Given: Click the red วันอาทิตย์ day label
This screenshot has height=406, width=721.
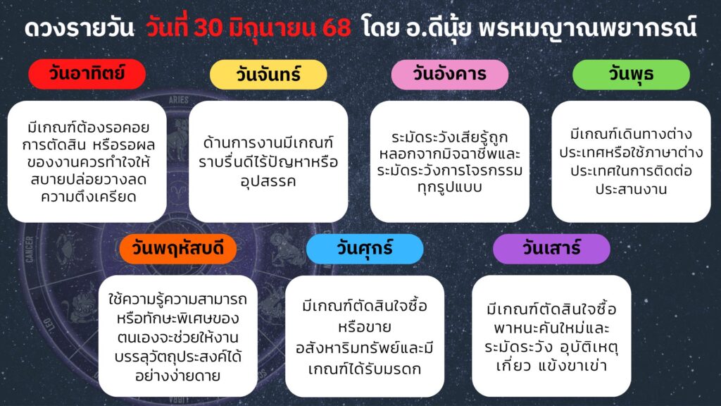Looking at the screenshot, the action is coord(87,73).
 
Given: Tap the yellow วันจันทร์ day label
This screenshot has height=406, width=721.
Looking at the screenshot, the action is coord(268,74).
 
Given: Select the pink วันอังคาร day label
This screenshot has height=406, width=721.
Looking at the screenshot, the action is coord(450,74).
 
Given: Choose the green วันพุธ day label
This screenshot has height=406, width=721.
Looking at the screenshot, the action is coord(631,74).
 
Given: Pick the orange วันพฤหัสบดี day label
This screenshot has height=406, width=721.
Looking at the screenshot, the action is coord(178,249).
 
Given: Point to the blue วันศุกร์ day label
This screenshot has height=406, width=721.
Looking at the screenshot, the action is coord(365,249).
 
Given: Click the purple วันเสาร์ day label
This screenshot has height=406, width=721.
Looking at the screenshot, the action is coord(551,249).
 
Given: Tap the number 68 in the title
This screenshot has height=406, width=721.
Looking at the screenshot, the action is coord(336,28).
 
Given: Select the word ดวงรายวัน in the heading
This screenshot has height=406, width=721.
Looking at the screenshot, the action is coord(79,28).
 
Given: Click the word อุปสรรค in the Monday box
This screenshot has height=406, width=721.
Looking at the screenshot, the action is coord(268,181).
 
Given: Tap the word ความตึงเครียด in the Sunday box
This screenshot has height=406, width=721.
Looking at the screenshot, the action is coord(88,197).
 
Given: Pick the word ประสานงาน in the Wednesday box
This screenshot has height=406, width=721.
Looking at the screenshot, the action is coord(631,189).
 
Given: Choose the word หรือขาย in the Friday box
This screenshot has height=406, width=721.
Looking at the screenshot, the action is coord(365,327).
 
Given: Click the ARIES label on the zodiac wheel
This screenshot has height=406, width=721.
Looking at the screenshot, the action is coord(178,100).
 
